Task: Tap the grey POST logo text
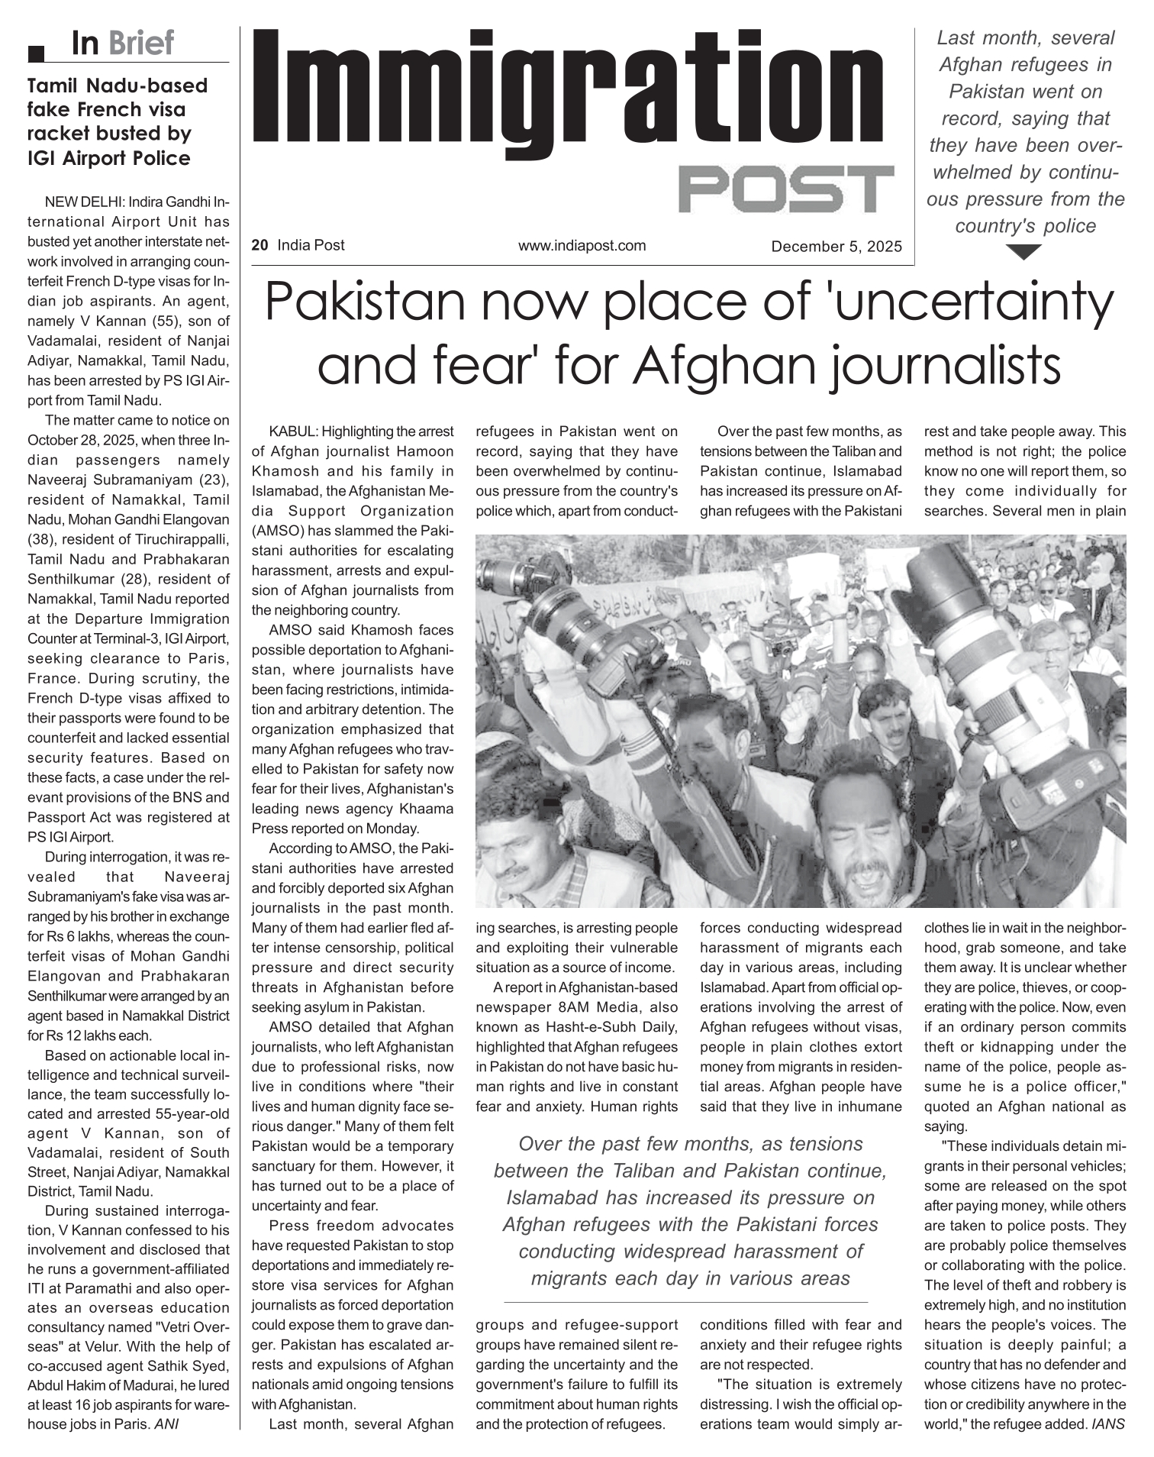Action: pos(785,189)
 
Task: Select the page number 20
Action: pos(259,245)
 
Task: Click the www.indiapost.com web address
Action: pos(582,245)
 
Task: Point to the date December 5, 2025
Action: pos(836,247)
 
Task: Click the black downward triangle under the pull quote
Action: pos(1024,252)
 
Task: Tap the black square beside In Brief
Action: pos(35,53)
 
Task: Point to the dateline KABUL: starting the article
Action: pos(294,431)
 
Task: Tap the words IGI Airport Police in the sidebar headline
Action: pos(109,158)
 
